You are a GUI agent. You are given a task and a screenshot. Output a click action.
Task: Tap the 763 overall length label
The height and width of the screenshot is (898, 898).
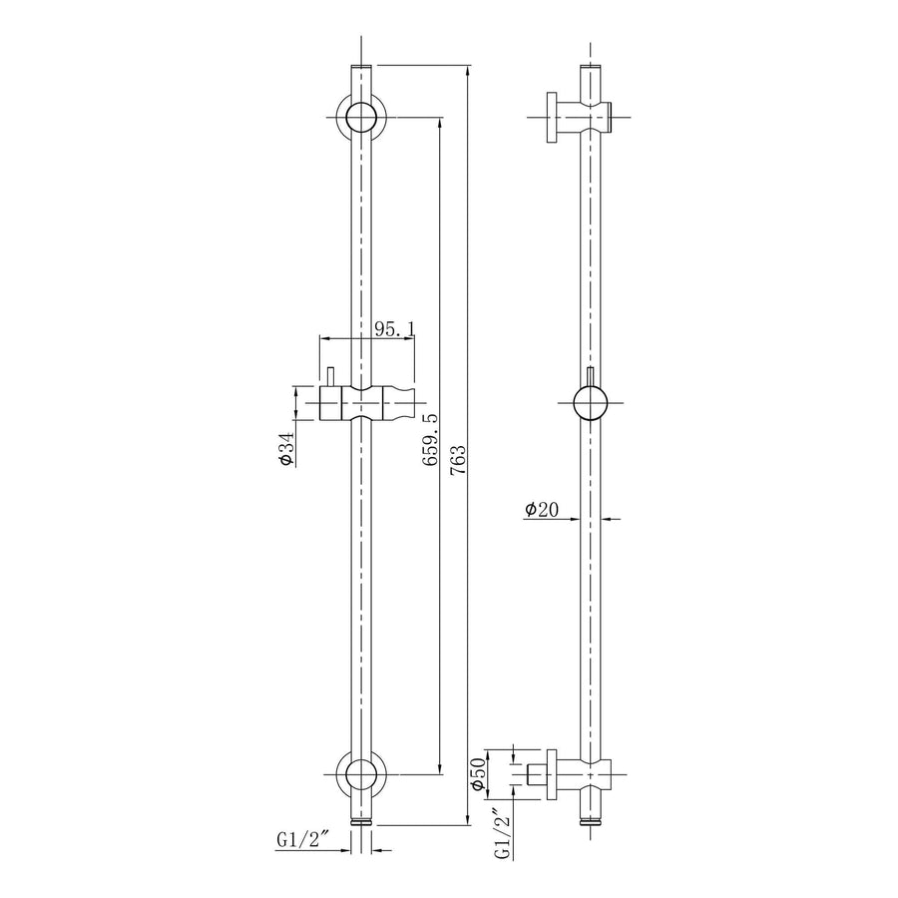point(458,460)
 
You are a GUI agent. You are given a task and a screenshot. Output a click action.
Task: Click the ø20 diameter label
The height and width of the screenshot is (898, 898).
point(541,509)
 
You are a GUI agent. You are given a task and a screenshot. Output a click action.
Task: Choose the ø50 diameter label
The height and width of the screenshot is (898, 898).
point(478,775)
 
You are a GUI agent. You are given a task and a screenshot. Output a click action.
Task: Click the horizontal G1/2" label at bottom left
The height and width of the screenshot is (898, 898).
point(301,839)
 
